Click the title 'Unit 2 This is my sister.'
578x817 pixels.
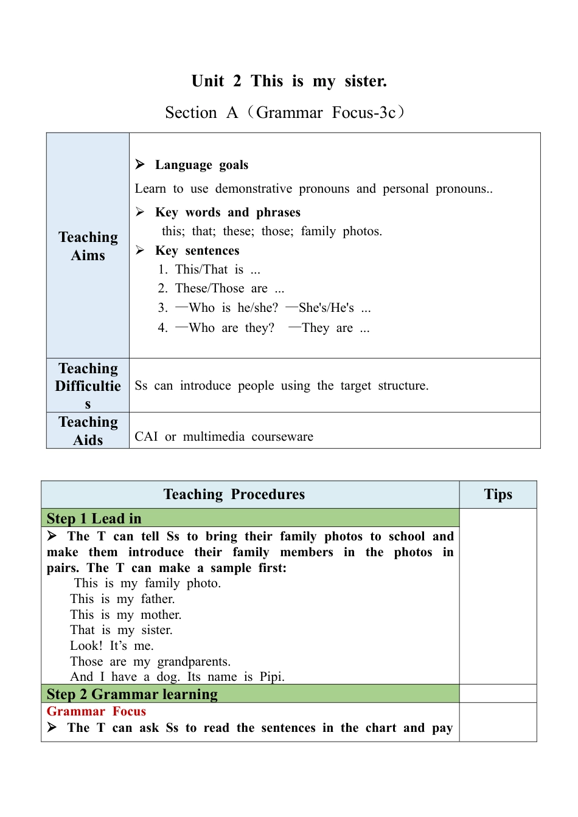click(289, 81)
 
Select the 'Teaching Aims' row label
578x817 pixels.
click(88, 246)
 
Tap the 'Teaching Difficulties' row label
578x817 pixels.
click(88, 386)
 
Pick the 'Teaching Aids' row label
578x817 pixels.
click(88, 431)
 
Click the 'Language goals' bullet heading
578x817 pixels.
click(201, 165)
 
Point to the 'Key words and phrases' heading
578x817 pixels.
click(228, 213)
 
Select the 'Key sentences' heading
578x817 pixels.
click(197, 251)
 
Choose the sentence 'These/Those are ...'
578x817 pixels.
click(229, 289)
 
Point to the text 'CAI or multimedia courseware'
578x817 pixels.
click(224, 437)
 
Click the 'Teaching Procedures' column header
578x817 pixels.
click(234, 495)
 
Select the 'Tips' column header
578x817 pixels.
click(498, 495)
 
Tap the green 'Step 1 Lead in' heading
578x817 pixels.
click(94, 519)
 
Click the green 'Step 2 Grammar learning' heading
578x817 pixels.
click(132, 694)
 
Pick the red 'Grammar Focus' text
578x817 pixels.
click(96, 711)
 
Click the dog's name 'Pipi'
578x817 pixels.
click(271, 677)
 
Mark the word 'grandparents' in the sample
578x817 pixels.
click(193, 661)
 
